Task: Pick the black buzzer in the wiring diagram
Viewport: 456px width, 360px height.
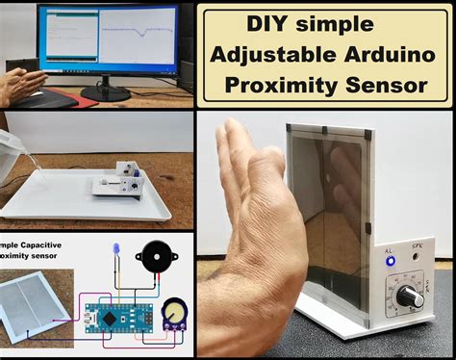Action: point(156,258)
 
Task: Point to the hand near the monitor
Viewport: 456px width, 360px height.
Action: point(23,84)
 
